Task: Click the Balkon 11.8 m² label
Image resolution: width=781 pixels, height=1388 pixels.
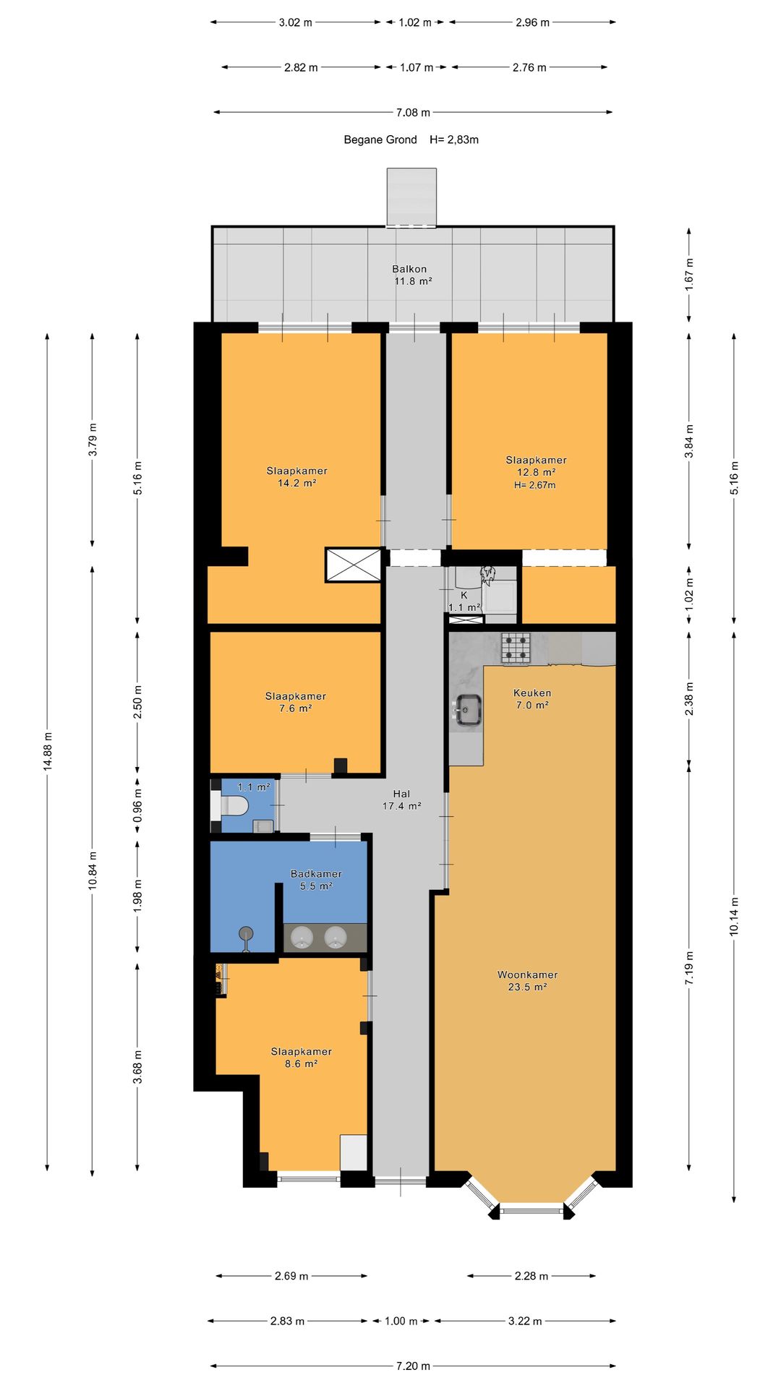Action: tap(411, 275)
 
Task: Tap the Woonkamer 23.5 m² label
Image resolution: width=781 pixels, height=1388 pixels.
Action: tap(527, 981)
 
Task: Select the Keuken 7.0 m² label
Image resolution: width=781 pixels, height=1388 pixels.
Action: tap(532, 699)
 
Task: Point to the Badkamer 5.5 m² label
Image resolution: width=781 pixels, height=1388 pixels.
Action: tap(316, 880)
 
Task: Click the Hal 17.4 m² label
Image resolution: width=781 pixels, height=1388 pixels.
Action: tap(401, 800)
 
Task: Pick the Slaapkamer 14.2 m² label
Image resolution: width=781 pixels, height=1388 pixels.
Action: tap(296, 477)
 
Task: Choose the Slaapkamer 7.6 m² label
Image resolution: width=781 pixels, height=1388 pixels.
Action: tap(295, 703)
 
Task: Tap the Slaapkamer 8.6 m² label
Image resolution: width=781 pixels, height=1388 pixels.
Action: tap(301, 1058)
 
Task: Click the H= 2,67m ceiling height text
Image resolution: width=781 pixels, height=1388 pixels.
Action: tap(535, 485)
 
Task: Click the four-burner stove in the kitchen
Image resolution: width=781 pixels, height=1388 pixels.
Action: tap(516, 648)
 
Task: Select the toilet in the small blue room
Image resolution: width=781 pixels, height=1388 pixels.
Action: tap(231, 805)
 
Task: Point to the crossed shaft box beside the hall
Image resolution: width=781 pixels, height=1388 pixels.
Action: tap(354, 565)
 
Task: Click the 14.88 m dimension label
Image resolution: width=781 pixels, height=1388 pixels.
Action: tap(48, 751)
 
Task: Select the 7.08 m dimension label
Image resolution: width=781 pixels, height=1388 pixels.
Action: tap(413, 112)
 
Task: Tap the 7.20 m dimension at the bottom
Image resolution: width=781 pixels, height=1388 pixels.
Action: tap(413, 1366)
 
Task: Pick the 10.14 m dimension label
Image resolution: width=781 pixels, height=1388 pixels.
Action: tap(734, 916)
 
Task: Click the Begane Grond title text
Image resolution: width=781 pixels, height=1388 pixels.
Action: tap(380, 140)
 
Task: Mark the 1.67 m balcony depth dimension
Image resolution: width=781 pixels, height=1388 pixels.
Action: tap(689, 271)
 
